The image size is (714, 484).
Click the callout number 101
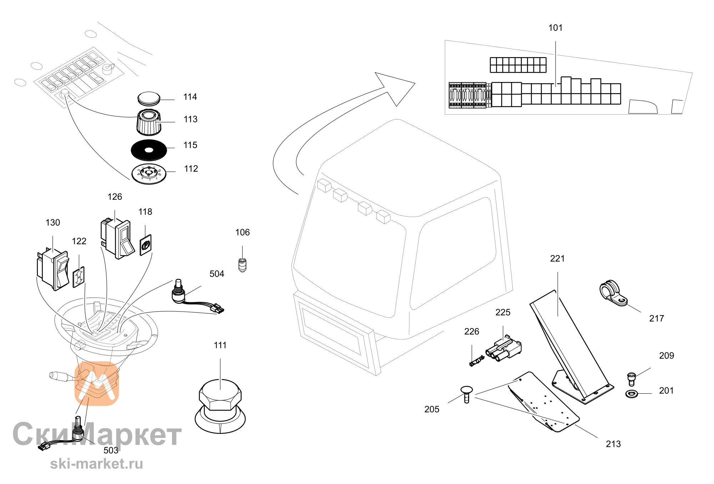coord(555,28)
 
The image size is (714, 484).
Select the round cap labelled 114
coord(149,99)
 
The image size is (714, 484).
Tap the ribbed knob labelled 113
coord(149,122)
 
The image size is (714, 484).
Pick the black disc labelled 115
coord(149,150)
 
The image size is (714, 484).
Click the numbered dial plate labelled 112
coord(149,174)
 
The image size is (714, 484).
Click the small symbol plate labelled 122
coord(79,277)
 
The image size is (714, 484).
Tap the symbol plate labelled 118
coord(145,245)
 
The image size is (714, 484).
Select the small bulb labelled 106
coord(242,265)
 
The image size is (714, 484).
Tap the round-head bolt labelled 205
coord(467,394)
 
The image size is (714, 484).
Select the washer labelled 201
coord(632,394)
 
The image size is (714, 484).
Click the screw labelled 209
coord(631,379)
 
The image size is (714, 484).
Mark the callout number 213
coord(613,444)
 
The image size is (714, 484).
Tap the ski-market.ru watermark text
coord(96,464)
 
